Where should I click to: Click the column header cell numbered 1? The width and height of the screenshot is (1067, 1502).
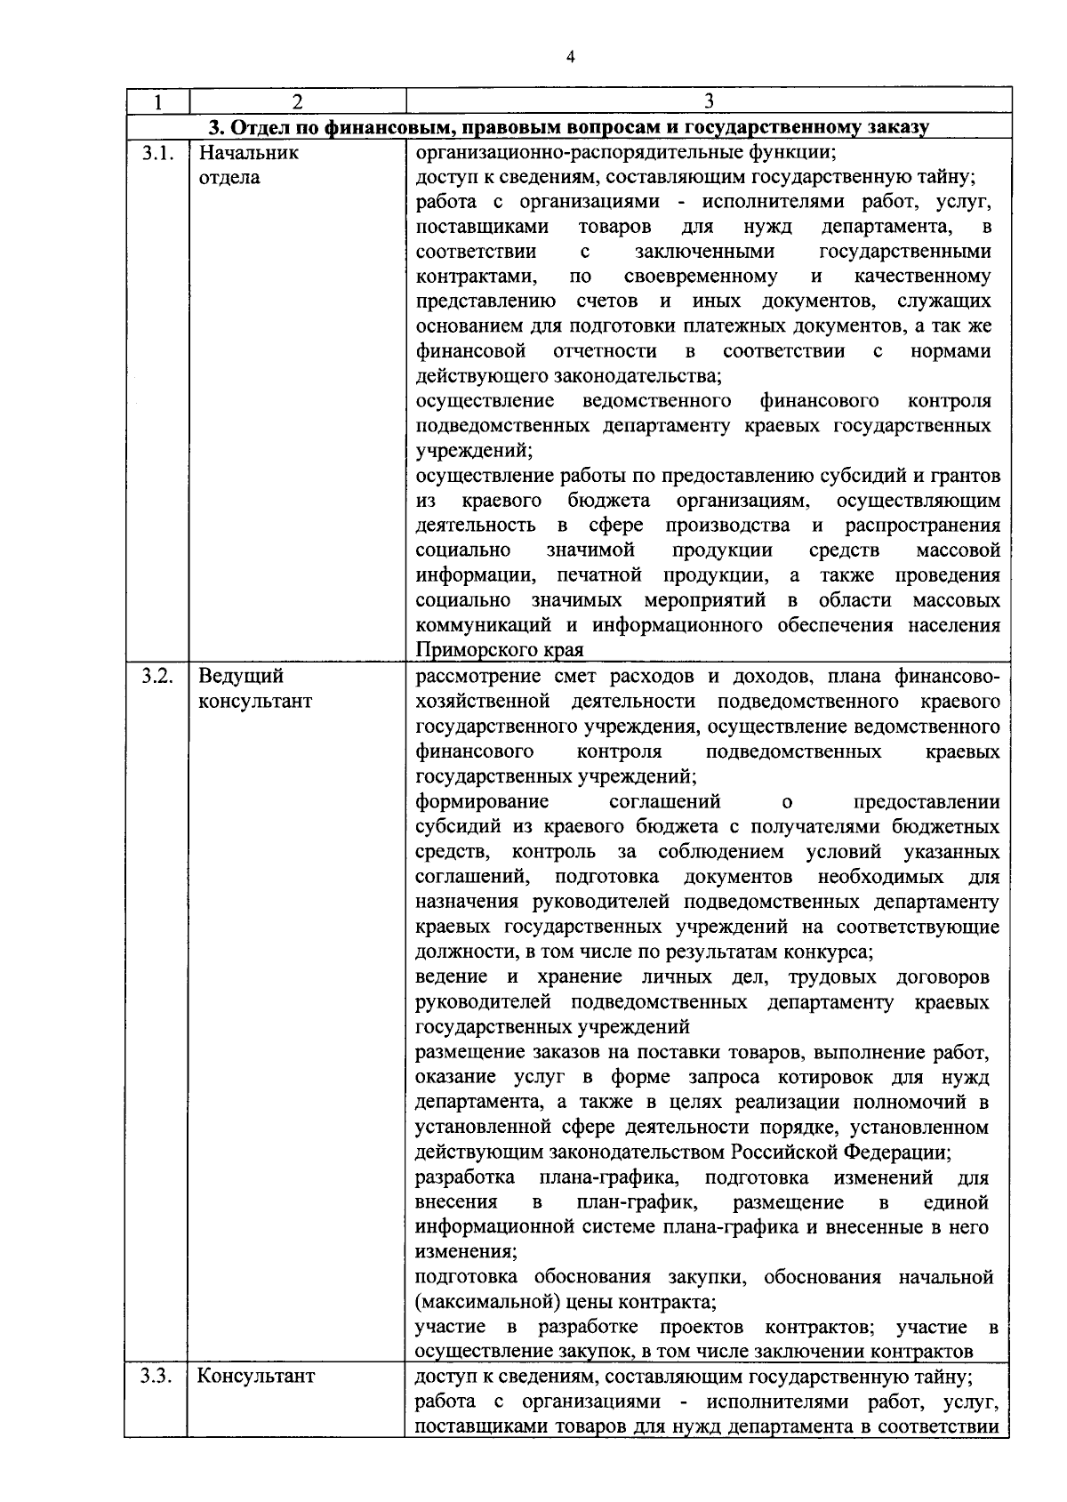156,101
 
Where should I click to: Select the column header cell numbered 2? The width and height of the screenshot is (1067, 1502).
297,101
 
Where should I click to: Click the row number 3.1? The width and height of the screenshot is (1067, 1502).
156,152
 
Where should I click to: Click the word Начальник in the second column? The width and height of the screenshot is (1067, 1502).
248,152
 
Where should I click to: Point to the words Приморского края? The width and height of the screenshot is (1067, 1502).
499,649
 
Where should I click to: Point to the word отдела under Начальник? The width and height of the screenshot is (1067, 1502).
229,177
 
